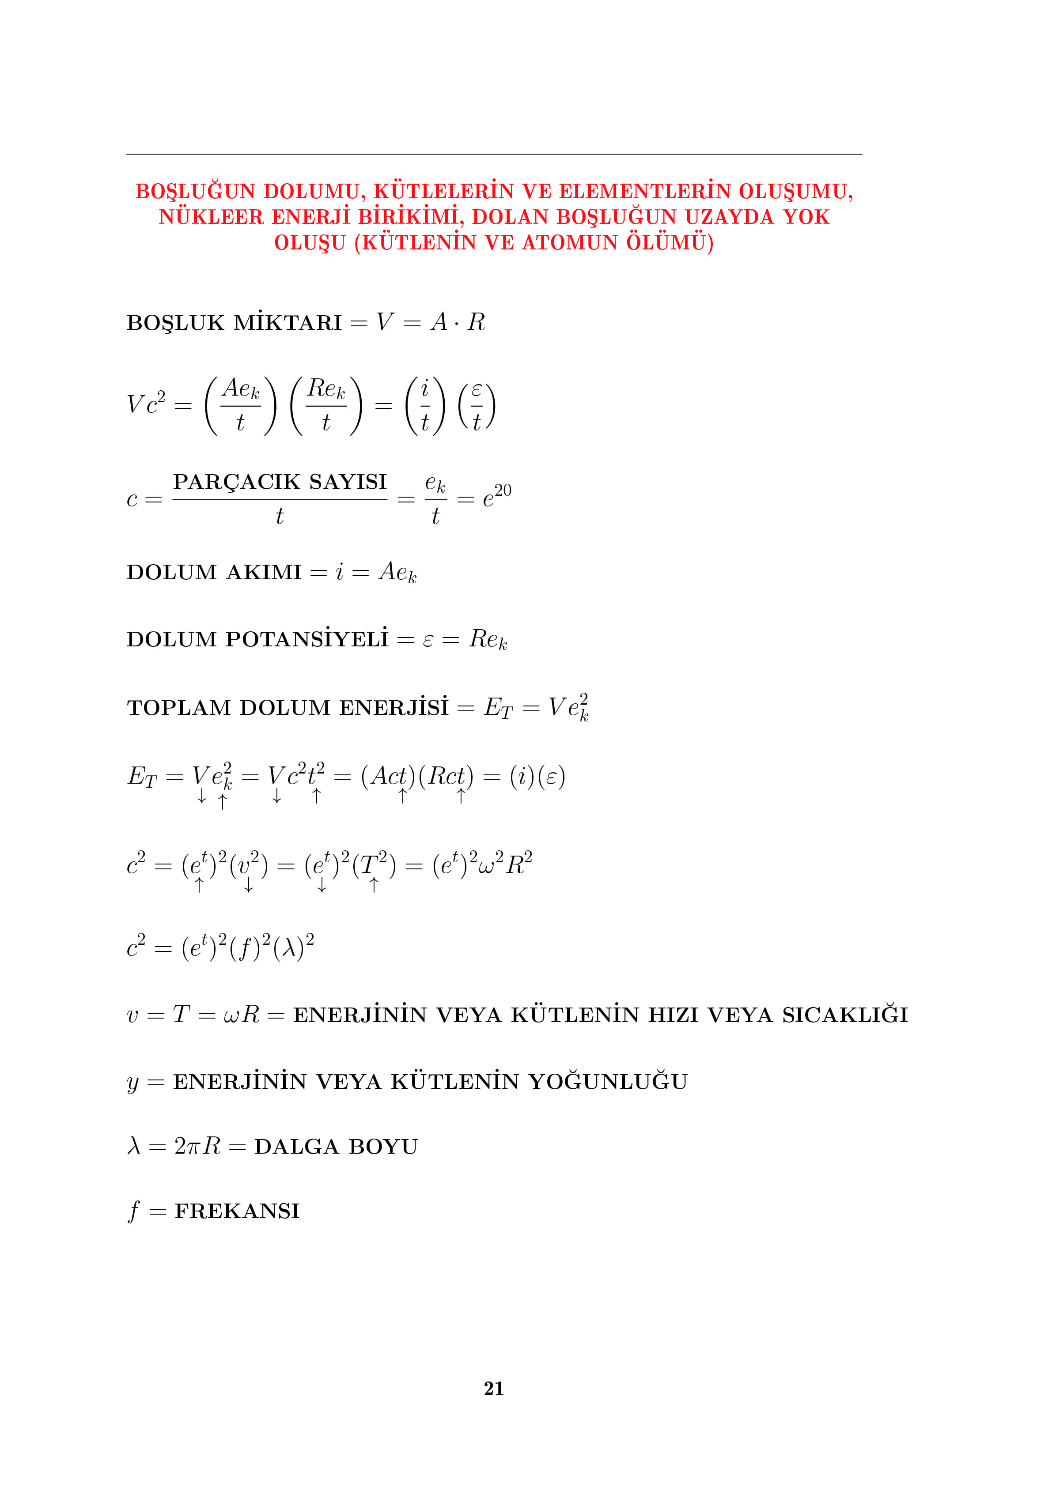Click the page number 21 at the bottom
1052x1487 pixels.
[494, 1388]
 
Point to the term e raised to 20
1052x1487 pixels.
[497, 496]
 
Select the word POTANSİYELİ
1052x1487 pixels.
[307, 639]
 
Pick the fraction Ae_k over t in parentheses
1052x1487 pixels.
[240, 405]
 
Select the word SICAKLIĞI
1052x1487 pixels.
[845, 1015]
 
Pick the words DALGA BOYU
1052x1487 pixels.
[336, 1147]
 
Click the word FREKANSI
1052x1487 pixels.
[237, 1211]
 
